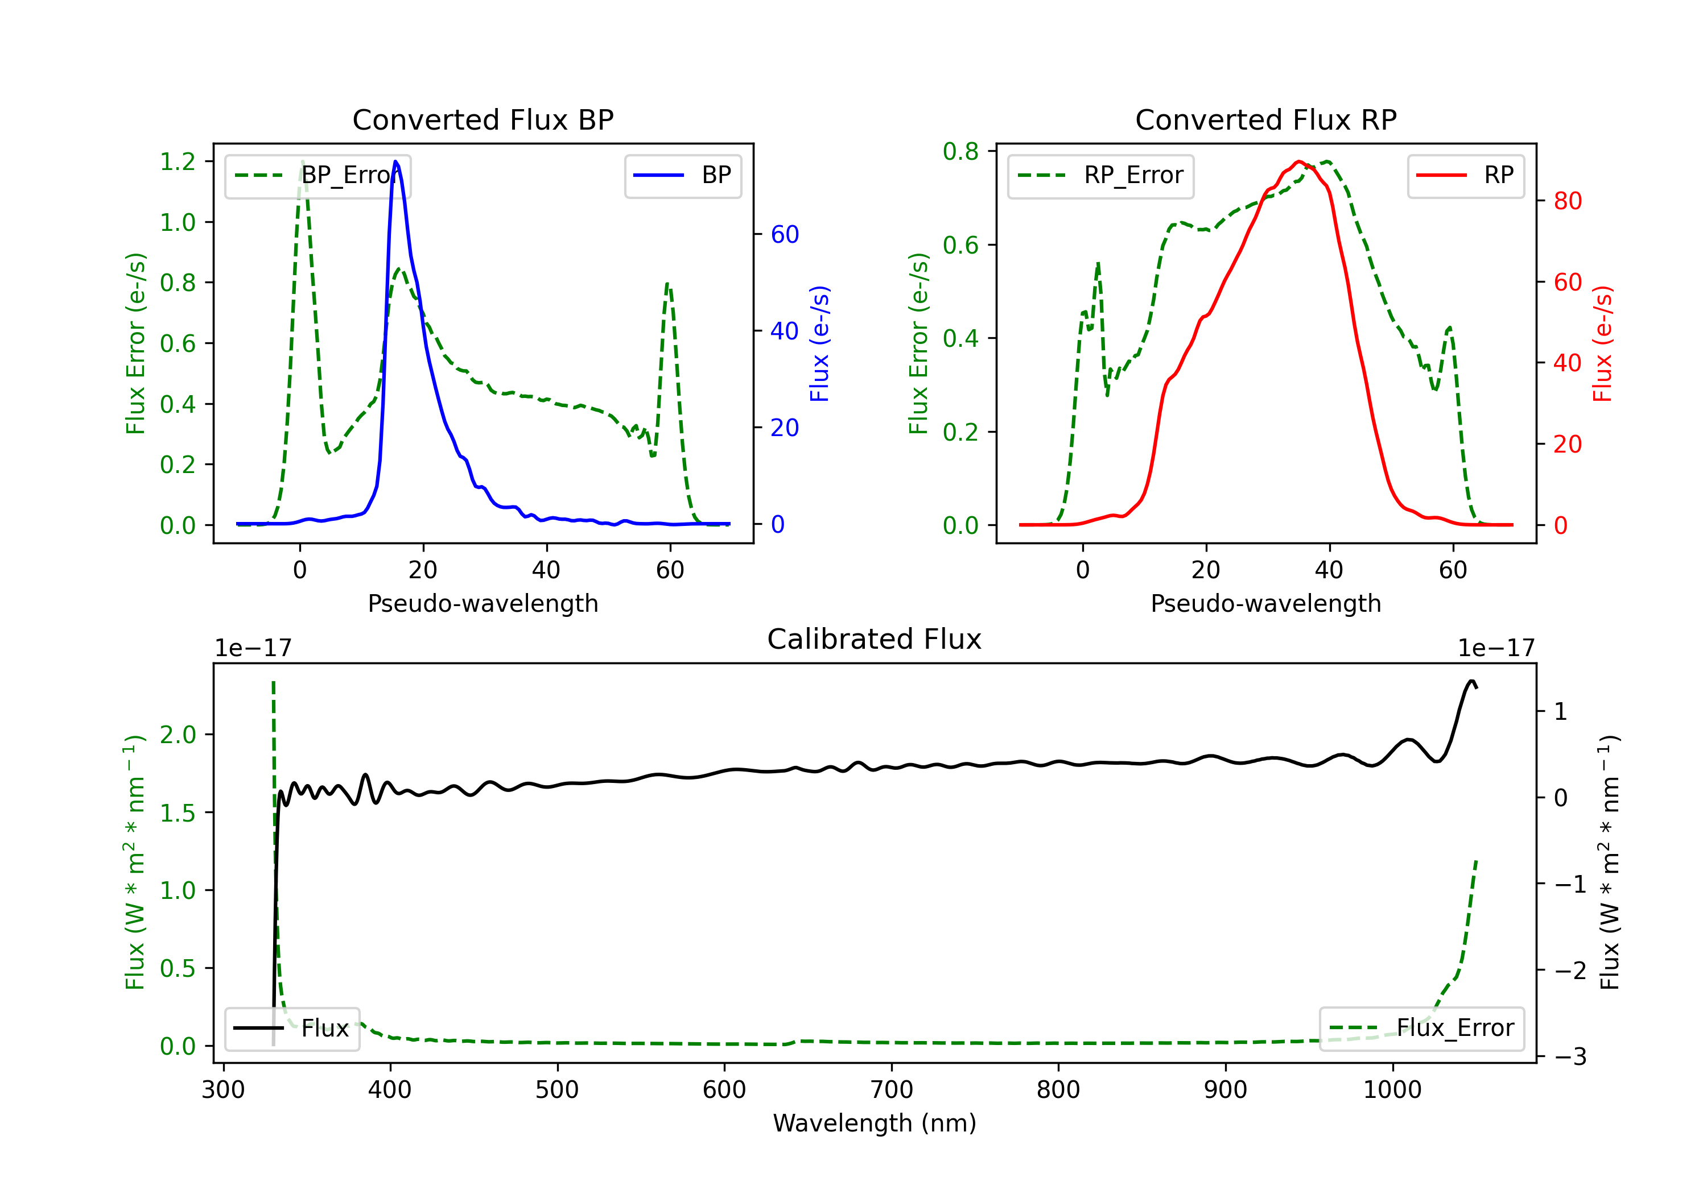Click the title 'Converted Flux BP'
[483, 119]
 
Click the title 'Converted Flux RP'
[1265, 119]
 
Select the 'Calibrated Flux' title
[875, 639]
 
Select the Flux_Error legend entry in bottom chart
[1421, 1029]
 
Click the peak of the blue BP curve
[395, 161]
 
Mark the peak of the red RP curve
[1298, 161]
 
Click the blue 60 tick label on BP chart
[784, 235]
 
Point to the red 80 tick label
[1567, 201]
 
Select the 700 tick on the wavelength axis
[892, 1090]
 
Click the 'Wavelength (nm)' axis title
[875, 1123]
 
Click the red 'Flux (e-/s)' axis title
[1603, 343]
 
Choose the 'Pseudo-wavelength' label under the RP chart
[1265, 603]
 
